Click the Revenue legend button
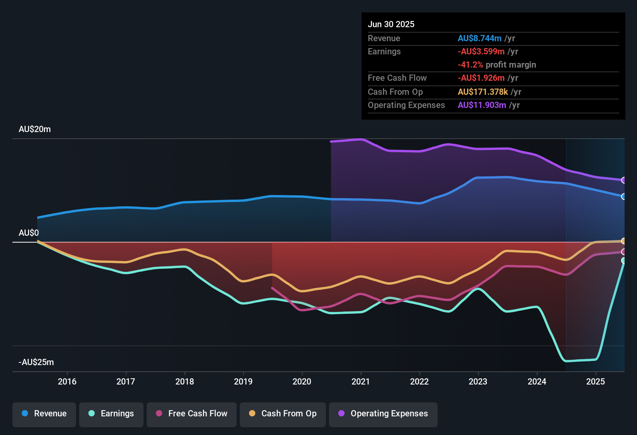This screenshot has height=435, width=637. (44, 414)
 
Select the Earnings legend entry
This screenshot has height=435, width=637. (111, 414)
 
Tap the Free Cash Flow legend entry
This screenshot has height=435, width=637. (192, 414)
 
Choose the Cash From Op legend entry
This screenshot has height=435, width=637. (283, 414)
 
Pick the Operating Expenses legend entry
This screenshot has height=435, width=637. (383, 414)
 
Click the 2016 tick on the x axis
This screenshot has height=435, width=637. (67, 381)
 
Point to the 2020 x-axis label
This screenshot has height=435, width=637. (302, 381)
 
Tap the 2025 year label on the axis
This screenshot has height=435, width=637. (595, 381)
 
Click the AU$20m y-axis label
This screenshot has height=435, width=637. (35, 129)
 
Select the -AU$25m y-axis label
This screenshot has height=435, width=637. (36, 362)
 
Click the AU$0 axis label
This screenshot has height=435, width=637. (29, 233)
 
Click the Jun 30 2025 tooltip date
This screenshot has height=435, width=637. (391, 24)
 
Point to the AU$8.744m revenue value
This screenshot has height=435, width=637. (479, 38)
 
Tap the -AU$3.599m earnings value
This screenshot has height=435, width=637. (481, 52)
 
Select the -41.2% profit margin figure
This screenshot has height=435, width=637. (470, 65)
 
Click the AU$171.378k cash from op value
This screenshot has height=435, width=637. (483, 92)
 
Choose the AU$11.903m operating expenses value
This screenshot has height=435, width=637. (482, 105)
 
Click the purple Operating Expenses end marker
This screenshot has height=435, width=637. (624, 180)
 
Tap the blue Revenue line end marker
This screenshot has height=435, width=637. (624, 197)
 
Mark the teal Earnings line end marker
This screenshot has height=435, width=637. (624, 261)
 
